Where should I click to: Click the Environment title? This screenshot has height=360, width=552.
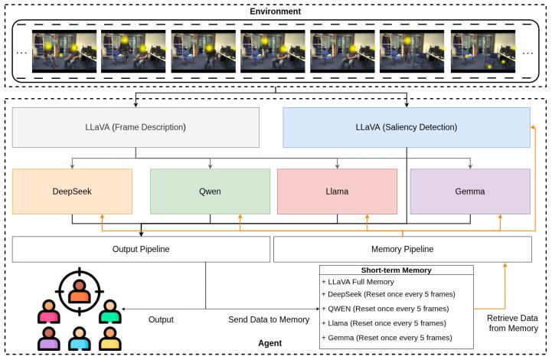[x=276, y=11]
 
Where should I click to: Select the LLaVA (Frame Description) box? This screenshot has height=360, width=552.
[x=136, y=127]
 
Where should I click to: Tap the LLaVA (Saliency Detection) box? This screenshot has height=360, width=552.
[x=407, y=127]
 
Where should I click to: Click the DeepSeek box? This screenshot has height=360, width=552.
[x=72, y=191]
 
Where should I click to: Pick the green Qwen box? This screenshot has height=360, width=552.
[x=211, y=191]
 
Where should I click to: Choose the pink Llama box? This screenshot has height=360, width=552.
[x=338, y=191]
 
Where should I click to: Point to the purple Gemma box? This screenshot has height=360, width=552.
[x=470, y=191]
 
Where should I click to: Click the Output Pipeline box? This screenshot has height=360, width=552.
[x=141, y=249]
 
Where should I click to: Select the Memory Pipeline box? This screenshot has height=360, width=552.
[x=403, y=249]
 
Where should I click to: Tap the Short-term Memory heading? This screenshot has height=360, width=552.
[x=396, y=270]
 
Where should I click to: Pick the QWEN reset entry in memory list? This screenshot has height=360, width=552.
[x=385, y=309]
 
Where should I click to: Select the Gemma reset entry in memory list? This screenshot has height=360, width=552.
[x=387, y=338]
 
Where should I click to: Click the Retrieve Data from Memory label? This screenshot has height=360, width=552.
[x=513, y=323]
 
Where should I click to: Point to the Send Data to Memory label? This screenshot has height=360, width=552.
[x=269, y=319]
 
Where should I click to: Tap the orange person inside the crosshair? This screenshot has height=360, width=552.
[x=79, y=292]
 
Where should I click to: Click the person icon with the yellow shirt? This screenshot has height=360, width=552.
[x=110, y=339]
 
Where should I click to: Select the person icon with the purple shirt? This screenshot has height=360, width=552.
[x=48, y=339]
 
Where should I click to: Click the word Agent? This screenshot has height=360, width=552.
[x=270, y=343]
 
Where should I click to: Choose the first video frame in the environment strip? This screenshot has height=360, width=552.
[x=64, y=51]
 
